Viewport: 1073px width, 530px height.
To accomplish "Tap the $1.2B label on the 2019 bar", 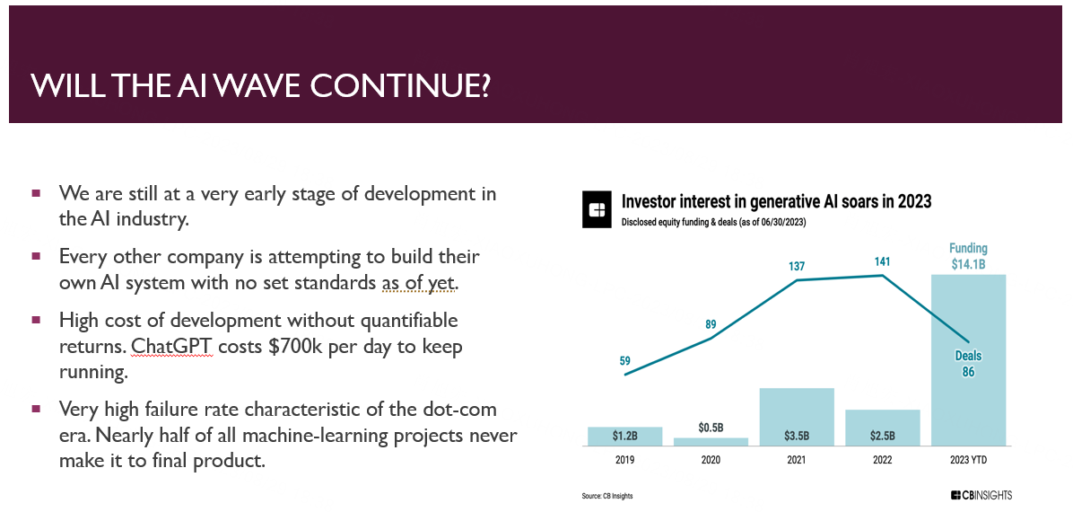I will click(x=624, y=437).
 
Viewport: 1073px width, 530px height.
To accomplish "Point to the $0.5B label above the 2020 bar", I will click(x=711, y=428).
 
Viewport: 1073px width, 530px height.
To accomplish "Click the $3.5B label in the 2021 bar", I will click(x=797, y=437).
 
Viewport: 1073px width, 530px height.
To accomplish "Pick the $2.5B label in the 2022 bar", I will click(x=883, y=437).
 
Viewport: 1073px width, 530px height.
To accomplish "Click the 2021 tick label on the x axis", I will click(x=797, y=460).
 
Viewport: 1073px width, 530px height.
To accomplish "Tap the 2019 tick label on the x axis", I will click(x=624, y=460).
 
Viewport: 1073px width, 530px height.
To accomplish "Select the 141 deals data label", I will click(x=883, y=261).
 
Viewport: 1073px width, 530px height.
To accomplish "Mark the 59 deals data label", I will click(x=624, y=361).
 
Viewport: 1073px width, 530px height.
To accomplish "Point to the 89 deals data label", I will click(x=711, y=324).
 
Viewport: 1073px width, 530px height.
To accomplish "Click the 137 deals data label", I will click(x=797, y=266).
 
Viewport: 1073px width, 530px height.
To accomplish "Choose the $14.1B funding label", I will click(x=968, y=263).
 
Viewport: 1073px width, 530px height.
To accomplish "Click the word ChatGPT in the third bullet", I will click(x=171, y=347).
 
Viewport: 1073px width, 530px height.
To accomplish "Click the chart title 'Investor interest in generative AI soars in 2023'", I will click(x=776, y=201).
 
